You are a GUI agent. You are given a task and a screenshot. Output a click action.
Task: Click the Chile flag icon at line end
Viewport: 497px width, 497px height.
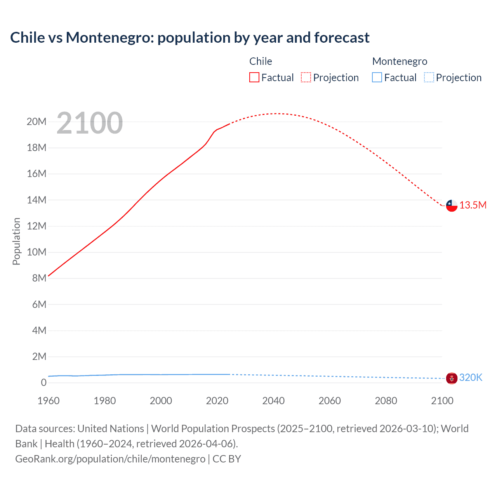tap(452, 205)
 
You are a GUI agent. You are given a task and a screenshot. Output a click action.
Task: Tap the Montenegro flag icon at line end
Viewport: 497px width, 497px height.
tap(452, 378)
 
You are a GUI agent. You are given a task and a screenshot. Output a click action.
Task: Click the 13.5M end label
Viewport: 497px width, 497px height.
tap(473, 205)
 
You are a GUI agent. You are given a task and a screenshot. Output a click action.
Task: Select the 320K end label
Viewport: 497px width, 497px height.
tap(471, 377)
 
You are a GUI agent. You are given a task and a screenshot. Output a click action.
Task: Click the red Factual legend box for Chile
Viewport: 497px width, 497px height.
tap(254, 77)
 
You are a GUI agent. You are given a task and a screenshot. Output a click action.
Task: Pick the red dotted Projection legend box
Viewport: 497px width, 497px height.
tap(306, 77)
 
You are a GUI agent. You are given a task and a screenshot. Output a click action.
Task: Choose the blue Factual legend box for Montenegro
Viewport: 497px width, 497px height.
tap(377, 77)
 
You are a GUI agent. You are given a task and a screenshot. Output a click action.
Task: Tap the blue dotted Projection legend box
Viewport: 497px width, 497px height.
tap(429, 77)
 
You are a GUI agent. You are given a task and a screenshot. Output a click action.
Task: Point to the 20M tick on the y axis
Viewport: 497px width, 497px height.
tap(36, 122)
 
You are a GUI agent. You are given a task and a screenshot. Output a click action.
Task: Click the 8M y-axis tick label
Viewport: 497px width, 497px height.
tap(39, 278)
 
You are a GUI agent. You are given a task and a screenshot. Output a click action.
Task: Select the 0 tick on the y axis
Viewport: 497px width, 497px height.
tap(43, 382)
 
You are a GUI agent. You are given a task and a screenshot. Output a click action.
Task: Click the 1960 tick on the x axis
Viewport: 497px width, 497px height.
tap(49, 401)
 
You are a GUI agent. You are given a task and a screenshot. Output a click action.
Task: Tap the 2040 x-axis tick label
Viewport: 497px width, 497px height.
tap(273, 401)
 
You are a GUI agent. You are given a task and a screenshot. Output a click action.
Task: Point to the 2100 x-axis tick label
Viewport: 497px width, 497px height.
tap(442, 401)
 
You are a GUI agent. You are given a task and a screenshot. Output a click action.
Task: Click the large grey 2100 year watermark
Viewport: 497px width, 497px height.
tap(90, 123)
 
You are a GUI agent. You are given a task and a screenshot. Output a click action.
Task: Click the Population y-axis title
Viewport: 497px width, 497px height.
tap(16, 241)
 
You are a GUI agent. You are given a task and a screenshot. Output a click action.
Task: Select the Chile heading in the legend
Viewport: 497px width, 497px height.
tap(261, 61)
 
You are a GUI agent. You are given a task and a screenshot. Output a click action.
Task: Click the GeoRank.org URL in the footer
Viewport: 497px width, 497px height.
tap(110, 459)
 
